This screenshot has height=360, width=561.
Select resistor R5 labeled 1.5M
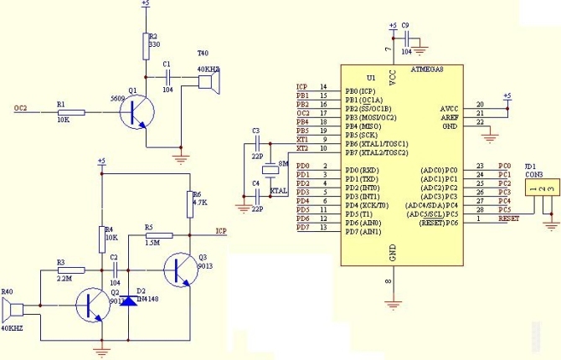pos(158,236)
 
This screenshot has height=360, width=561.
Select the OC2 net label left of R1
pos(21,108)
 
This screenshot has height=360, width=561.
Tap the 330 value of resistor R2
pos(153,46)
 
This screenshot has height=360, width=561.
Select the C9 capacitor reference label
pos(405,25)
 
